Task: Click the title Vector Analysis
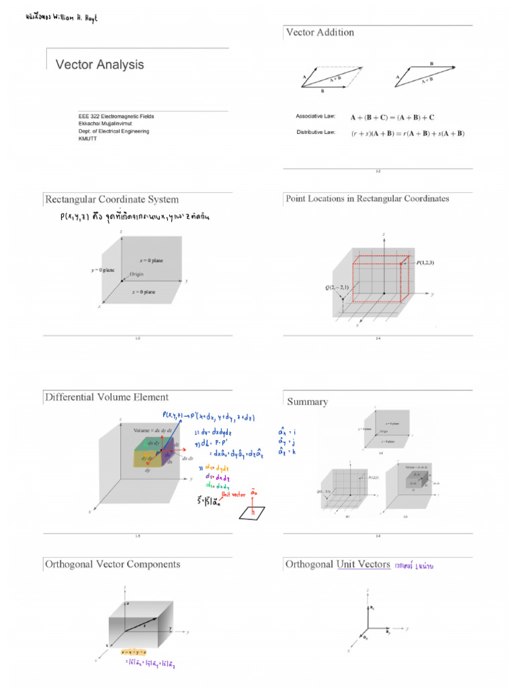pos(99,65)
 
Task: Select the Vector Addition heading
pos(320,32)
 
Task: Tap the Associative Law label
pos(315,116)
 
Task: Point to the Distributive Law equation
pos(407,133)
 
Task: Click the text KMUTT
pos(88,139)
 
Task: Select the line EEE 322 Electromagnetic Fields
pos(116,116)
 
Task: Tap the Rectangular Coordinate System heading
pos(112,200)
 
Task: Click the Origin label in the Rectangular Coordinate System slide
pos(136,274)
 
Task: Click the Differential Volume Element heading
pos(107,397)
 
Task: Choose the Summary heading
pos(308,402)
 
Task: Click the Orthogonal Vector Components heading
pos(112,564)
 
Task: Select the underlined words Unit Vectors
pos(363,564)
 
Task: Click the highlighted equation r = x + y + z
pos(134,652)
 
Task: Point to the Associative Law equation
pos(392,117)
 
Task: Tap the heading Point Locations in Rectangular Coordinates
pos(368,199)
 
